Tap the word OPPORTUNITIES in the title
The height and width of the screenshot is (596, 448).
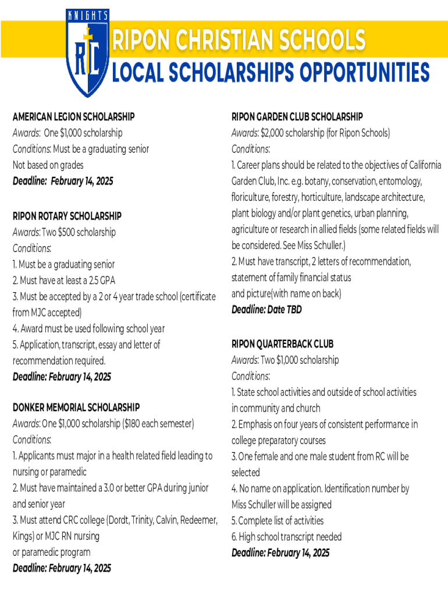(365, 73)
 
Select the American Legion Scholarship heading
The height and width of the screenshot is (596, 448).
(73, 117)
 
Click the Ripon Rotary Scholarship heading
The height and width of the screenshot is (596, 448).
(67, 216)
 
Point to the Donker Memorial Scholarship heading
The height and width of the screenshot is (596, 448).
(76, 407)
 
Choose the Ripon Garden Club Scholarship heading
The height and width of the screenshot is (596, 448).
(297, 117)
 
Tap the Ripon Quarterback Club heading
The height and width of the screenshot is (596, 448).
(282, 344)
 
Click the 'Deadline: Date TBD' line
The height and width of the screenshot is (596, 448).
(266, 310)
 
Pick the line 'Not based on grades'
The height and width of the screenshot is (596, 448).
(48, 165)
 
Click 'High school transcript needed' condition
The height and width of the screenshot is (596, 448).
(286, 537)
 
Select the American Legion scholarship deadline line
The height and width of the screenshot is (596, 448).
(63, 181)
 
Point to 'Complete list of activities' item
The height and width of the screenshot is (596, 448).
(278, 520)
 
